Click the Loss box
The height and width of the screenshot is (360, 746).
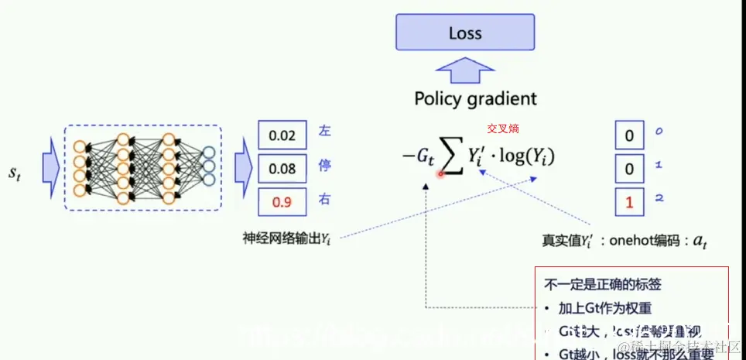pyautogui.click(x=465, y=33)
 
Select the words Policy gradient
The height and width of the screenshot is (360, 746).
pyautogui.click(x=475, y=98)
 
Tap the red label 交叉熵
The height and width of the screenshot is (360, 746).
pyautogui.click(x=502, y=129)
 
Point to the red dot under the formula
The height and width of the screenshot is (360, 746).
pyautogui.click(x=441, y=173)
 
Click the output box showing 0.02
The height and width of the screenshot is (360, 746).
pyautogui.click(x=282, y=135)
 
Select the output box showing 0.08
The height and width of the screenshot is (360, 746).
pyautogui.click(x=282, y=167)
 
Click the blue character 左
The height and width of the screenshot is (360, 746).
pyautogui.click(x=325, y=132)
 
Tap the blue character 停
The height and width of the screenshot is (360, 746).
pyautogui.click(x=325, y=166)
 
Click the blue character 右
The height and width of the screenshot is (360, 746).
pyautogui.click(x=325, y=200)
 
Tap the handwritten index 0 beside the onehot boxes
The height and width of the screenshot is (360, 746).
pyautogui.click(x=659, y=132)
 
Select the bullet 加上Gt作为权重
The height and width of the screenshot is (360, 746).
pyautogui.click(x=605, y=309)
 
